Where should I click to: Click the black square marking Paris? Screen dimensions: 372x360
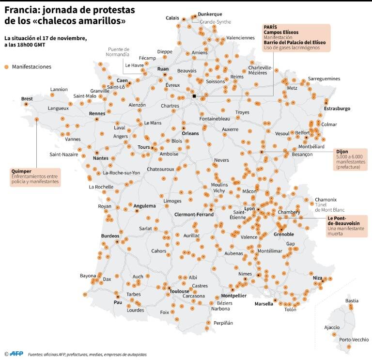pos(194,96)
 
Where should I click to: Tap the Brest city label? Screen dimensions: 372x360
pos(27,99)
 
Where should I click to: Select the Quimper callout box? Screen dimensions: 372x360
pos(35,177)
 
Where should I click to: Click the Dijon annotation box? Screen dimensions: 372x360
pos(351,159)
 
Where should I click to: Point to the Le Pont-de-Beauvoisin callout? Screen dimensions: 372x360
pos(346,226)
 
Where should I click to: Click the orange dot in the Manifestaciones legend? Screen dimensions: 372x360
pos(6,67)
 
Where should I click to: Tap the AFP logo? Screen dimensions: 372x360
pos(16,354)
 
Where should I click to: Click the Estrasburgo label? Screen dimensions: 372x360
pos(337,109)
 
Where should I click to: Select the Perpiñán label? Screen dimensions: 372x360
pos(223,323)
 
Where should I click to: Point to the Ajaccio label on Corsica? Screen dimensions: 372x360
pos(332,328)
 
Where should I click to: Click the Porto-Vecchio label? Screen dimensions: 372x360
pos(354,340)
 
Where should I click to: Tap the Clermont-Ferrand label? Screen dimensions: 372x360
pos(194,215)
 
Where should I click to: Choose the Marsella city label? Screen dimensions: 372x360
pos(264,304)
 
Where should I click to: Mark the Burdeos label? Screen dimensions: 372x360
pos(110,236)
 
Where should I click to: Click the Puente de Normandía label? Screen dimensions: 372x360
pos(118,52)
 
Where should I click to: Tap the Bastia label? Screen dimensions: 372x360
pos(352,301)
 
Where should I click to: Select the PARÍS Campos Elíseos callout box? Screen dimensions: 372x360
pos(296,38)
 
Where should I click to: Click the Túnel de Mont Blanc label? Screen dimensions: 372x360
pos(329,207)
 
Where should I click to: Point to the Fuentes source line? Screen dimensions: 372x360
pos(87,355)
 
